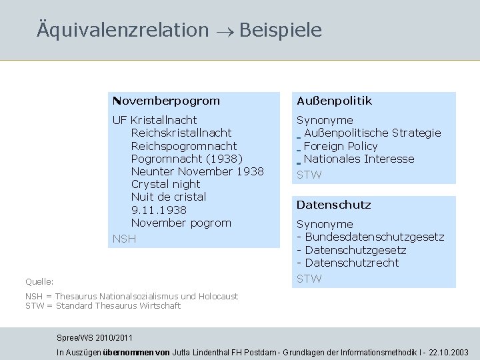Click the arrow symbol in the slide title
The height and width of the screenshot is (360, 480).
223,31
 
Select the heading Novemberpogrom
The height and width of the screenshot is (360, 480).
166,101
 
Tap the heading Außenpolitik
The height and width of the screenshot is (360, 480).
334,101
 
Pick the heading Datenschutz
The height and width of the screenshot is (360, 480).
333,205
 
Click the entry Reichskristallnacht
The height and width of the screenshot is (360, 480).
181,133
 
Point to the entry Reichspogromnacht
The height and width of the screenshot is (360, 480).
184,146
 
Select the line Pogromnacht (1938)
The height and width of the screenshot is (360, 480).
187,159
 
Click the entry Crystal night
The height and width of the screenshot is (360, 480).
165,184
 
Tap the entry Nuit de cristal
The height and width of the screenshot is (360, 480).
169,197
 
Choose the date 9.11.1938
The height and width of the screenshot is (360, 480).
159,210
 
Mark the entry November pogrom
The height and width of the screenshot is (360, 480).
181,223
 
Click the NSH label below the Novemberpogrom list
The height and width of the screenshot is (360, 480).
123,239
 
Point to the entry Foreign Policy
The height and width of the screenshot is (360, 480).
340,146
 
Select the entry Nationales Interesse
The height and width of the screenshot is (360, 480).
359,159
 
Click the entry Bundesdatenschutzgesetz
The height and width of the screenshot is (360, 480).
374,237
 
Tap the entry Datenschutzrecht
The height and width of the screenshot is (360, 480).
351,263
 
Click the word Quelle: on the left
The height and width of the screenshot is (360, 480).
39,282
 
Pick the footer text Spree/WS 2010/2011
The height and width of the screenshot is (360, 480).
94,339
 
